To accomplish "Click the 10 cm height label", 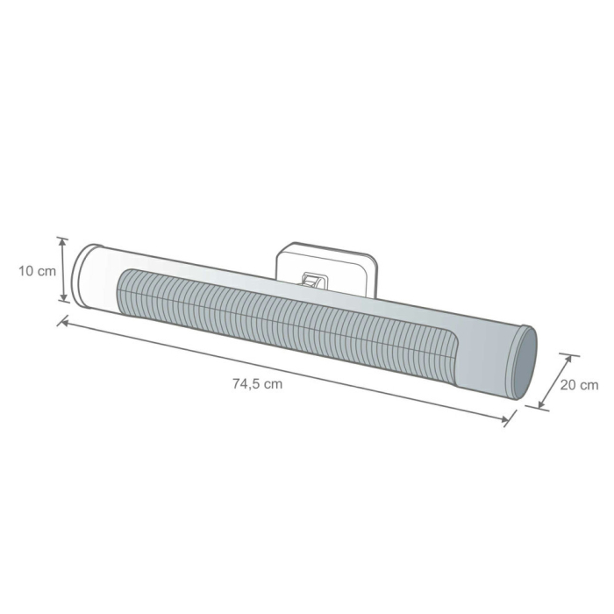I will (x=37, y=271).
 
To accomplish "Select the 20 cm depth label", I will (x=579, y=385).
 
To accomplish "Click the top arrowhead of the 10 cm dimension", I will (x=62, y=240).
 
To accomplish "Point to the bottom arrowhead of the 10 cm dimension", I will (x=62, y=299).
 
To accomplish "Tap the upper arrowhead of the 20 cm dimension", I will (x=568, y=359).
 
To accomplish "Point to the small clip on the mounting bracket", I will (x=312, y=280).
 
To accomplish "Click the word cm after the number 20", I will (x=589, y=385).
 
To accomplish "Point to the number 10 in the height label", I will (x=26, y=271).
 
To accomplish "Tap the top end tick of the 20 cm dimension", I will (x=569, y=355).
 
